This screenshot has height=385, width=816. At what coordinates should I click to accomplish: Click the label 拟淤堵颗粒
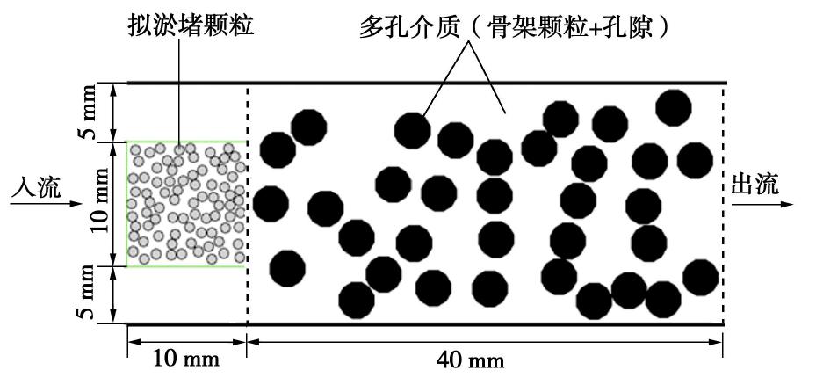(x=191, y=27)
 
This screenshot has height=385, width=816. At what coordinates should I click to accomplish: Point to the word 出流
(x=755, y=185)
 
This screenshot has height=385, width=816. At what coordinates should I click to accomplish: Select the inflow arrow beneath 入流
(x=35, y=203)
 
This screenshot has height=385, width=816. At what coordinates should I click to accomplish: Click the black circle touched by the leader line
(x=412, y=130)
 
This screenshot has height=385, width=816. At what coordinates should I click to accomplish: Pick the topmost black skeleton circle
(x=674, y=106)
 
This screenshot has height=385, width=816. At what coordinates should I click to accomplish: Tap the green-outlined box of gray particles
(x=186, y=204)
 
